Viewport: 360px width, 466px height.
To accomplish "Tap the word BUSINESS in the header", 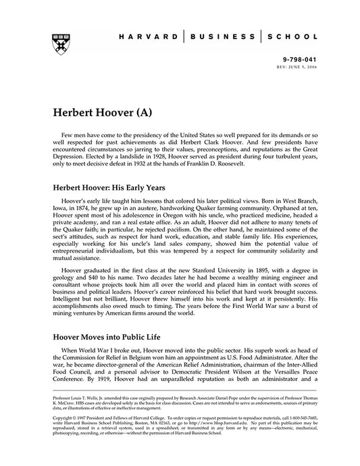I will point(222,38).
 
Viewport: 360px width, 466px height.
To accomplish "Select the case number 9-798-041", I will point(300,59).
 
